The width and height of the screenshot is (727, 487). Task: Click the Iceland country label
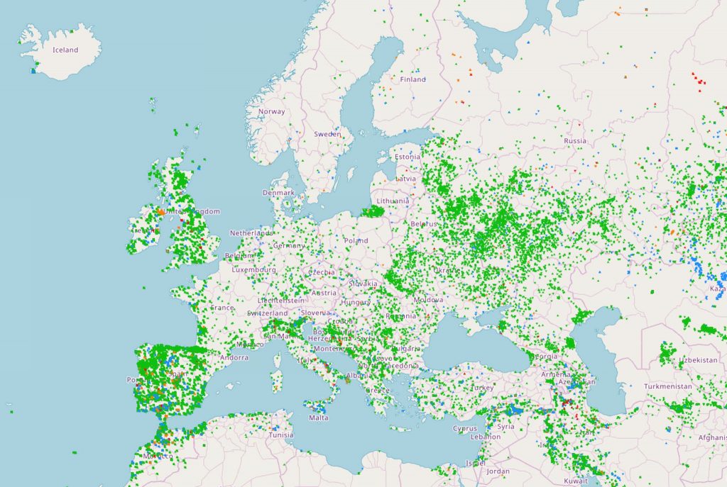[65, 50]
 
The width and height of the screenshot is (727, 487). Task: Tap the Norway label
[271, 111]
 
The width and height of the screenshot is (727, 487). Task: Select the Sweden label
[327, 133]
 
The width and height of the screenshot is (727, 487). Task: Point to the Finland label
[412, 79]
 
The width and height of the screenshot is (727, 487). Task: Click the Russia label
[575, 140]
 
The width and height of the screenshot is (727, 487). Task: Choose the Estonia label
[408, 157]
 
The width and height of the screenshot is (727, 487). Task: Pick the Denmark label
[278, 192]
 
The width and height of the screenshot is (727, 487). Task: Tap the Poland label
[356, 240]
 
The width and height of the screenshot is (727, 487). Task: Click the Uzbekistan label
[698, 360]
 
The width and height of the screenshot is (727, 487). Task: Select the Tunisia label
[280, 435]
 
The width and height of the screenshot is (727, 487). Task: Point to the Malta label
[319, 418]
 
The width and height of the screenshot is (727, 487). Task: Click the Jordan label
[498, 471]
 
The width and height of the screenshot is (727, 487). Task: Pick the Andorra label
[234, 357]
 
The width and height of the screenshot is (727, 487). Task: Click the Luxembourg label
[253, 269]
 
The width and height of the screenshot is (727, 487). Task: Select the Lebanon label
[486, 437]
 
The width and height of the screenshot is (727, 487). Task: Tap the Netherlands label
[251, 233]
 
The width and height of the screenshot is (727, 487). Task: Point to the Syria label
[506, 427]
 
